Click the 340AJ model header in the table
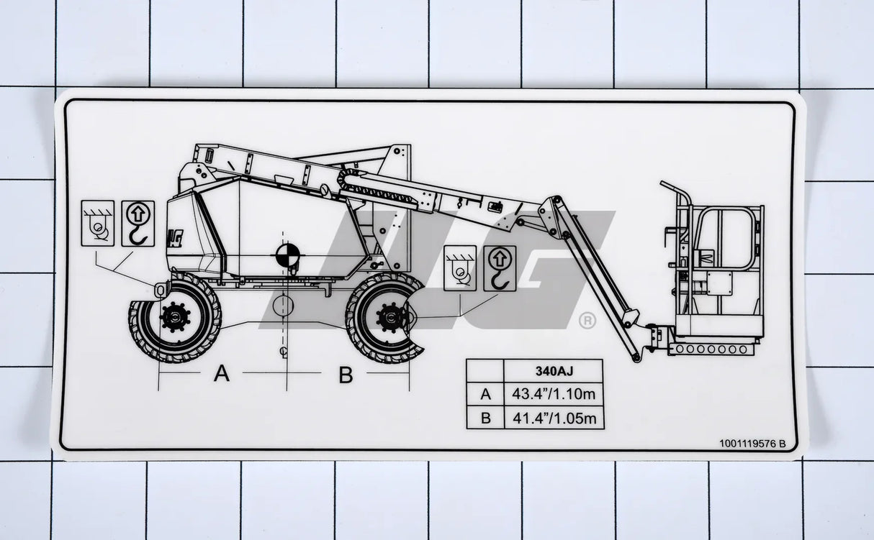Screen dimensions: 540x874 [553, 372]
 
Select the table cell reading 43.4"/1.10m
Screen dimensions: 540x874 [553, 395]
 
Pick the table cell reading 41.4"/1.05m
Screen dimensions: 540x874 [553, 418]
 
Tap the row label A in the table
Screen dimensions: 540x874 [485, 395]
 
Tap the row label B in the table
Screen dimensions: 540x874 [485, 418]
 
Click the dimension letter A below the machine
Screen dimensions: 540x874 [222, 374]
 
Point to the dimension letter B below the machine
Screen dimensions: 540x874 [346, 375]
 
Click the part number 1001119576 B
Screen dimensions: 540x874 [752, 444]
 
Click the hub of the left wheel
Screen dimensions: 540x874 [174, 316]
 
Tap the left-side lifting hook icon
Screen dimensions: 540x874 [137, 223]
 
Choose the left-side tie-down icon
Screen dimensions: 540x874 [97, 223]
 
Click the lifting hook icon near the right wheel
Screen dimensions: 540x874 [500, 268]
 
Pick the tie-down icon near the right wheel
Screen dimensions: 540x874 [460, 268]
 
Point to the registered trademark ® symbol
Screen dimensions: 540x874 [587, 321]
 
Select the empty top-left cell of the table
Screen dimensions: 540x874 [485, 372]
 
